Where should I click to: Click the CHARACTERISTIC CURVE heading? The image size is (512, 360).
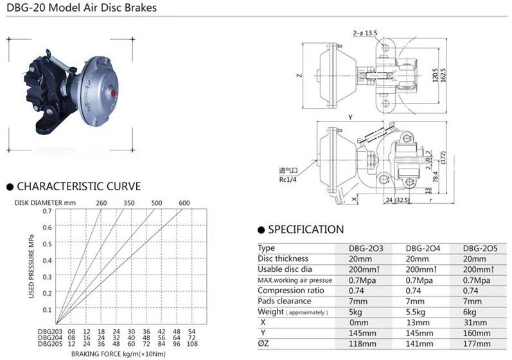point(78,186)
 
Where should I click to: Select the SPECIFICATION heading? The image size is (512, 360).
point(306,230)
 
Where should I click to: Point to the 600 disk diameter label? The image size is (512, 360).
point(184,203)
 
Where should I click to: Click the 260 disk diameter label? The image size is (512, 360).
point(102,203)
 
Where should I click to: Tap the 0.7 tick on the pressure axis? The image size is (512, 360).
point(47,211)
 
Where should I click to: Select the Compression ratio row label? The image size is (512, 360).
point(287,291)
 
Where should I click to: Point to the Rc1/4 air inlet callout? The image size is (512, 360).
point(288,179)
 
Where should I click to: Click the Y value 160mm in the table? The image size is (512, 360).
point(478,332)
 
